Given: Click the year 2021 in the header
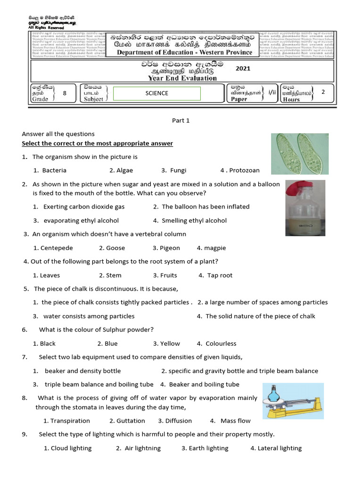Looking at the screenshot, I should [x=243, y=68].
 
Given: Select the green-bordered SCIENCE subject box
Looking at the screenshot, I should [x=157, y=93].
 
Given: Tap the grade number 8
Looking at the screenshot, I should [x=65, y=93].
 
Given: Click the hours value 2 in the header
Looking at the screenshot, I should [x=323, y=92].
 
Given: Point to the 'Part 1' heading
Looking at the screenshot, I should [x=181, y=120].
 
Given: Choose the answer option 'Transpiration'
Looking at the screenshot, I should [x=66, y=421].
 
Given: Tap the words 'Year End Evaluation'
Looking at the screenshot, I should [x=182, y=78].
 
